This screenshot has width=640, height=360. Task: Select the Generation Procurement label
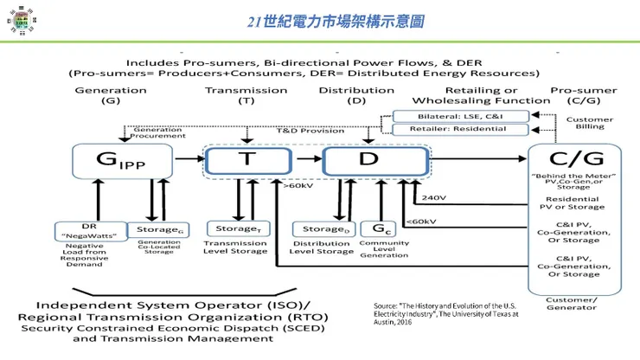[157, 132]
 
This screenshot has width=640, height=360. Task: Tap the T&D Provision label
[298, 130]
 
